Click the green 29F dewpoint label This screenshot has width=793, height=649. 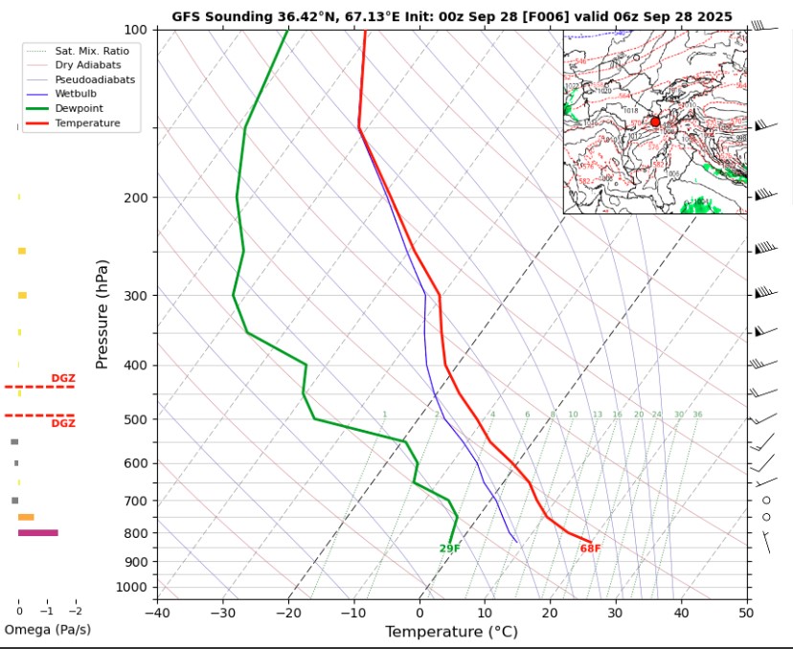(450, 548)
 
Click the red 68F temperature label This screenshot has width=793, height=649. (590, 548)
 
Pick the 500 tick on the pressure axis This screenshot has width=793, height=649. (136, 419)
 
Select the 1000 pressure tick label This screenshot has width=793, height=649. (133, 587)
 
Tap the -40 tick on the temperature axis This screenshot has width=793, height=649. (157, 612)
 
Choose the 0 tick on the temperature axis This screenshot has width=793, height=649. (419, 612)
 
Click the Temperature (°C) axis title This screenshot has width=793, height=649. (450, 632)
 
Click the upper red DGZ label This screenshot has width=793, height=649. (63, 378)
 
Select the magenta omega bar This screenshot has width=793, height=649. (38, 532)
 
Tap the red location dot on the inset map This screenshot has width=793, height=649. (655, 122)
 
